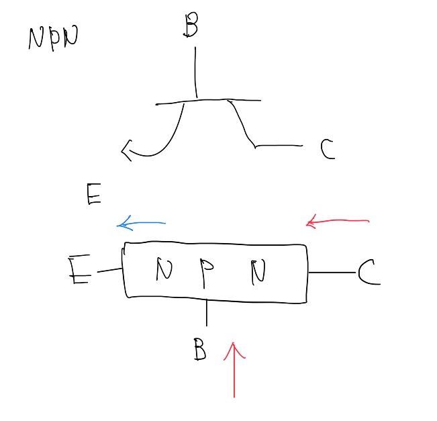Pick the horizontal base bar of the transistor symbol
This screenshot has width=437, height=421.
point(208,102)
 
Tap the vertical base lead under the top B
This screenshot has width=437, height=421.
point(195,73)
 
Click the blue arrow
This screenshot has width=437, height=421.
point(141,224)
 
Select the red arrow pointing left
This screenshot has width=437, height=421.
point(337,221)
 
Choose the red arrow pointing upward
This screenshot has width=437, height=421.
point(234,369)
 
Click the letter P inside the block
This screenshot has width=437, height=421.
point(207,270)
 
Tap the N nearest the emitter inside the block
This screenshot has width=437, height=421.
point(163,270)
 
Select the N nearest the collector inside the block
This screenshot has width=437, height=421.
point(258,271)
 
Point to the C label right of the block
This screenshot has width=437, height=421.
point(368,273)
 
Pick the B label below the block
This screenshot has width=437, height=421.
point(198,349)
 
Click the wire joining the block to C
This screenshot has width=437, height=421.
point(332,273)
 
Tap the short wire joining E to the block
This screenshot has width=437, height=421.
point(109,271)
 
